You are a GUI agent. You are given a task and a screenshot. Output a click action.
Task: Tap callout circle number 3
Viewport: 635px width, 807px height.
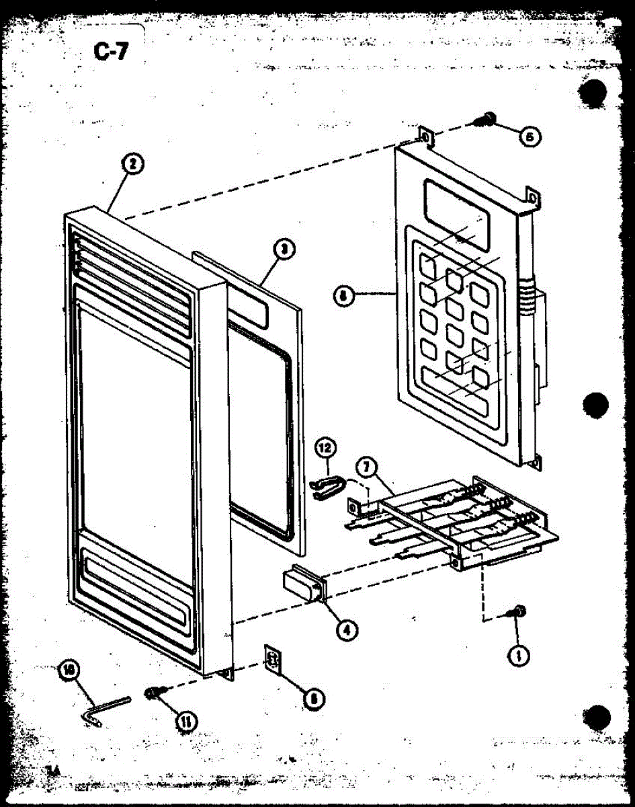(x=285, y=250)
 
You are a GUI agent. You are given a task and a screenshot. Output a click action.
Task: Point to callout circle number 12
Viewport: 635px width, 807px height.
(x=325, y=447)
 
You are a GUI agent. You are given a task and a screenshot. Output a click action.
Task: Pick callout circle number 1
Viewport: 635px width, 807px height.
(x=518, y=654)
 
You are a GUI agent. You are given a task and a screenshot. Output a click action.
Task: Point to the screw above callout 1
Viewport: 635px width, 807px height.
(x=519, y=611)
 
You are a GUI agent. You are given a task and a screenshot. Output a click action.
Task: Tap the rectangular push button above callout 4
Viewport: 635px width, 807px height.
(x=302, y=583)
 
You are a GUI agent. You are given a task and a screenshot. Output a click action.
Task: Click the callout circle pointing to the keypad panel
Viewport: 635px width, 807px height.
(x=344, y=294)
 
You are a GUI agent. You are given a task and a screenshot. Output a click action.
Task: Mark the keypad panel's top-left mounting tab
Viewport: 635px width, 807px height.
(x=425, y=135)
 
